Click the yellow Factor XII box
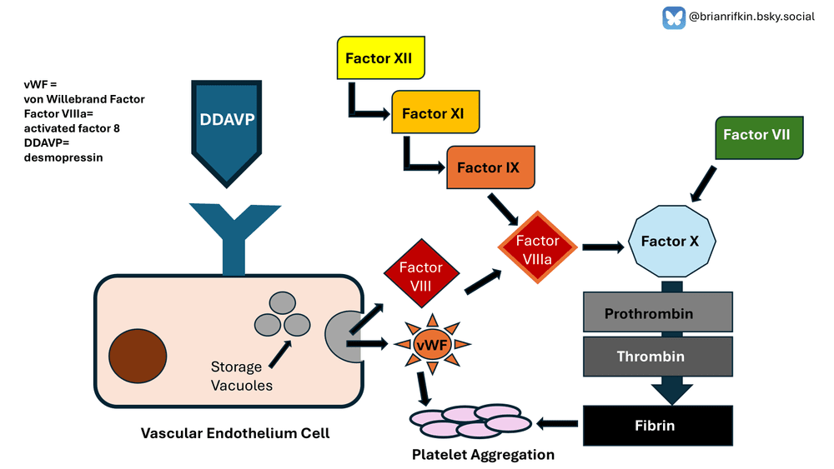pyautogui.click(x=379, y=58)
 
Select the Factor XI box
pyautogui.click(x=433, y=113)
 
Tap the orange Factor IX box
pyautogui.click(x=489, y=167)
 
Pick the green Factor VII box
pyautogui.click(x=756, y=135)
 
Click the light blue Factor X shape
pyautogui.click(x=670, y=242)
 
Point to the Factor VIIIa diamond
pyautogui.click(x=538, y=247)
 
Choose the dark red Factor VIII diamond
pyautogui.click(x=420, y=274)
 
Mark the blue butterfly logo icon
pyautogui.click(x=674, y=17)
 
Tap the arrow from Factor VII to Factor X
pyautogui.click(x=701, y=182)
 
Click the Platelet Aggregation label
pyautogui.click(x=483, y=455)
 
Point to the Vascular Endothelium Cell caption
pyautogui.click(x=235, y=433)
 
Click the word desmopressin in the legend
pyautogui.click(x=63, y=157)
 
